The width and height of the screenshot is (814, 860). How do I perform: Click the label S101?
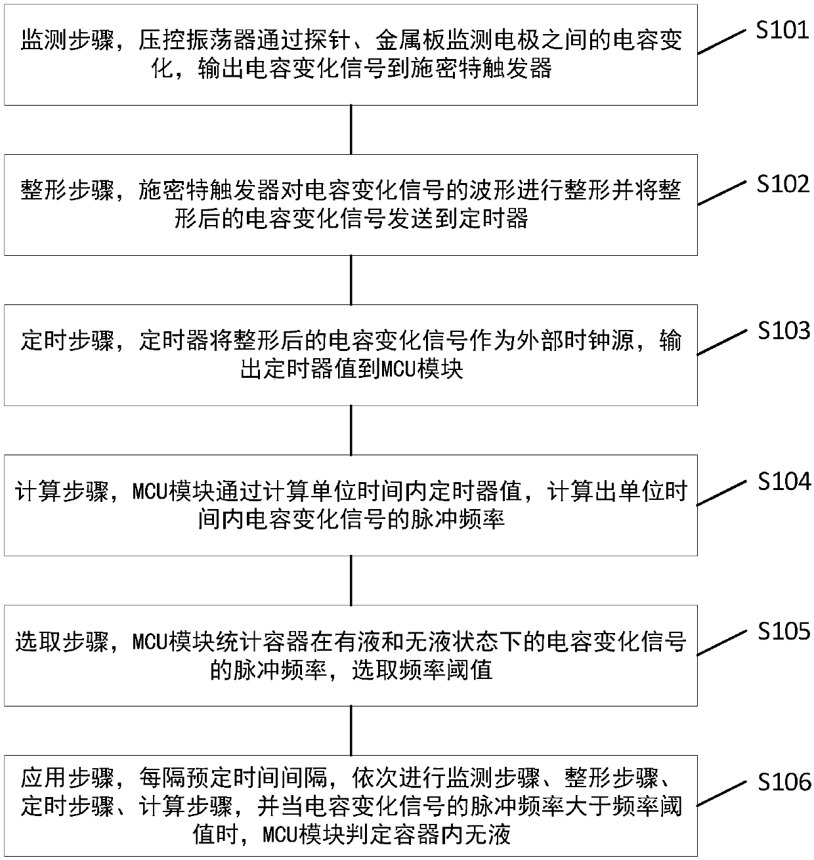click(x=782, y=31)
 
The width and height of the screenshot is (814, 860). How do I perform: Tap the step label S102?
click(x=782, y=184)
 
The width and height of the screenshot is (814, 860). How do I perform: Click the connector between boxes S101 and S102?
click(x=351, y=130)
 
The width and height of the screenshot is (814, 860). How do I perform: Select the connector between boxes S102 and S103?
click(x=351, y=280)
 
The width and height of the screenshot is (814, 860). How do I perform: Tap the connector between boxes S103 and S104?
click(x=351, y=430)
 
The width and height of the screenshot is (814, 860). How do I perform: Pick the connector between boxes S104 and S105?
click(x=351, y=581)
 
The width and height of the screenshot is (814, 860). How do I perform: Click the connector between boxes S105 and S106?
click(x=351, y=731)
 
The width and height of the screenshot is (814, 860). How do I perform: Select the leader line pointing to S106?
click(x=722, y=792)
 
